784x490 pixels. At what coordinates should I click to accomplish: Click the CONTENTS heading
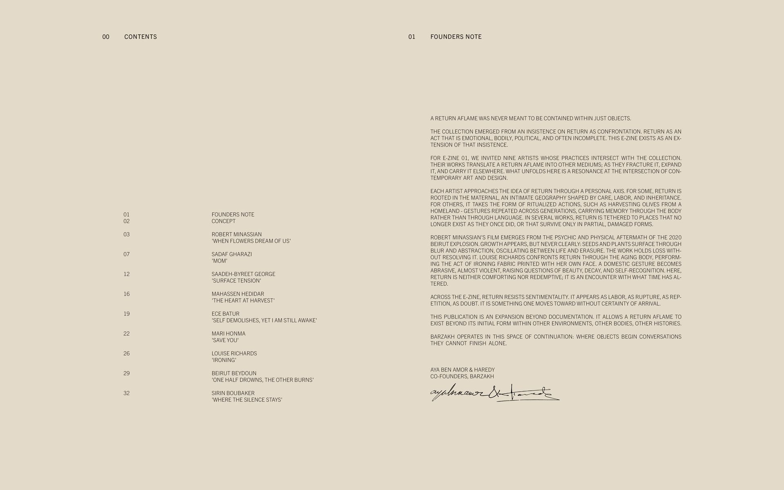point(140,37)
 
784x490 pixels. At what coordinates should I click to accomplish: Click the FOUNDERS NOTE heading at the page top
point(456,37)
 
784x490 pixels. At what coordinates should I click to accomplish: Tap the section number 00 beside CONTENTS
point(106,37)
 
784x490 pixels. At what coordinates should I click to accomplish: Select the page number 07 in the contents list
point(127,254)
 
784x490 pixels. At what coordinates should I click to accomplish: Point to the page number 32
point(127,393)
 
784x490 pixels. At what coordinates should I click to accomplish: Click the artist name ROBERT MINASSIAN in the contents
point(236,234)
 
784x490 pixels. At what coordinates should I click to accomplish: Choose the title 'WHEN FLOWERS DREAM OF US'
point(251,241)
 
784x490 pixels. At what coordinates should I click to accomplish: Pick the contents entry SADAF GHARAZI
point(232,254)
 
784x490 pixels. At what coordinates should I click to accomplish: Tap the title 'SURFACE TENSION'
point(236,281)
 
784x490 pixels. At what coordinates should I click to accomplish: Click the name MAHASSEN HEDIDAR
point(238,294)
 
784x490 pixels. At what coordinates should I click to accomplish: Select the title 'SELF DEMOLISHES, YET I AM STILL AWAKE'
point(264,321)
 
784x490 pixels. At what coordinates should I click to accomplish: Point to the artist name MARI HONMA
point(228,334)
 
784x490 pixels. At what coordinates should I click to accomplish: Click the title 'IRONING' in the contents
point(224,360)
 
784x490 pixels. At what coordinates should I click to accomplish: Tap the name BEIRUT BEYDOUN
point(234,373)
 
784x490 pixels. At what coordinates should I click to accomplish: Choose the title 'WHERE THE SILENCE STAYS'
point(247,400)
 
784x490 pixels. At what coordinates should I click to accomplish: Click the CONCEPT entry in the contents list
point(223,221)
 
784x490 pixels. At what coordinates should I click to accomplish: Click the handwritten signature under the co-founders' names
point(494,394)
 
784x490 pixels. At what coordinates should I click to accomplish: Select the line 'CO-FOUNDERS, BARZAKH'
point(462,376)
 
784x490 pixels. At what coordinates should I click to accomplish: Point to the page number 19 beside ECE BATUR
point(127,314)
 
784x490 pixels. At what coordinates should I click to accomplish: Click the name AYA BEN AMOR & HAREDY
point(462,370)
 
